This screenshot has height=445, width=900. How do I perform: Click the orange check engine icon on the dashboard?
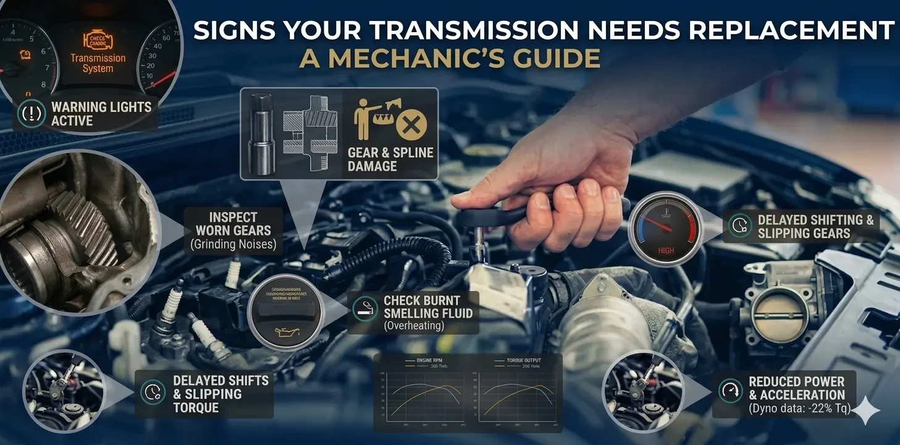click(x=98, y=41)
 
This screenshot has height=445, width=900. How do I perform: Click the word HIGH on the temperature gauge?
click(x=666, y=251)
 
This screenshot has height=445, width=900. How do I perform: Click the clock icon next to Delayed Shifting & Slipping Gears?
click(x=738, y=226)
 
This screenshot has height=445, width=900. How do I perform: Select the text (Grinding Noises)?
click(x=233, y=245)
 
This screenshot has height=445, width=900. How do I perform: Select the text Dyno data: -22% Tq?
click(x=800, y=409)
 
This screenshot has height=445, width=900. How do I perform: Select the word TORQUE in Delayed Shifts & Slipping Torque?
click(x=196, y=407)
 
